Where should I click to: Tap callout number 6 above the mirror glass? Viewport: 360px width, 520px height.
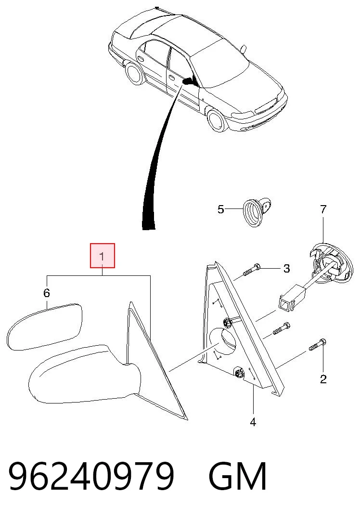point(47,293)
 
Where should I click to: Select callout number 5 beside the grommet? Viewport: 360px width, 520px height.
point(221,209)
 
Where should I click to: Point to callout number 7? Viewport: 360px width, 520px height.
point(323,209)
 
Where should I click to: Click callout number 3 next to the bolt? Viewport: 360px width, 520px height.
point(287,268)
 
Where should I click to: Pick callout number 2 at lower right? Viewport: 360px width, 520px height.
point(323,379)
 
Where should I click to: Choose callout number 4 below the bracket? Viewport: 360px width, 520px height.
point(253,422)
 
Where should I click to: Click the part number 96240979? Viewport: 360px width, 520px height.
point(91,476)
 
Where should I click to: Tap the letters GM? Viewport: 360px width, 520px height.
point(238,476)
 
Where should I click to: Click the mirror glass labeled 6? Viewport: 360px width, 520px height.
point(45,326)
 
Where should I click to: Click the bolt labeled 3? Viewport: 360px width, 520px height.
point(252,270)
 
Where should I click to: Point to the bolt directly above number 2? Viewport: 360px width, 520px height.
point(317,345)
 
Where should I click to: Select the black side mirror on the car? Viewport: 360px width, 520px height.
point(189,80)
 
